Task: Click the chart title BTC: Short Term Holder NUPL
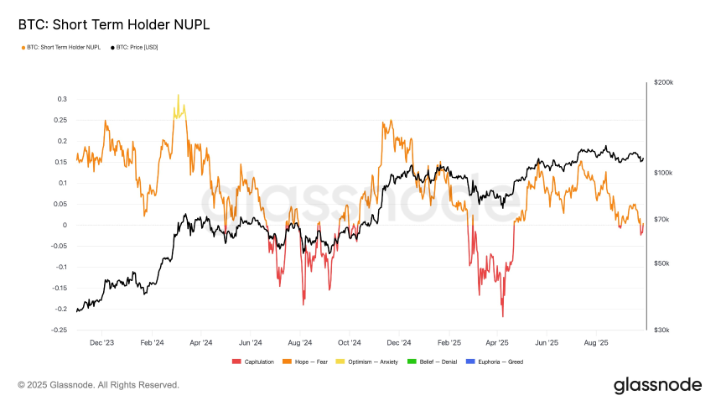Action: click(x=114, y=25)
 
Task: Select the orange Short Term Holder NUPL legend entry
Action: click(x=61, y=47)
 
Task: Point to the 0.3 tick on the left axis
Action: click(x=61, y=99)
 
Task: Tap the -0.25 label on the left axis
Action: click(x=58, y=330)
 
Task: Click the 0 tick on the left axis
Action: click(x=64, y=225)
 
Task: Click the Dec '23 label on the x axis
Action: click(x=101, y=342)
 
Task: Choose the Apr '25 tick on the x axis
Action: click(x=497, y=342)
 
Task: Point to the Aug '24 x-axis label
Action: click(x=299, y=342)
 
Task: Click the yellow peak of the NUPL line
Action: click(x=178, y=96)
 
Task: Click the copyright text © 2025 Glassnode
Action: click(x=99, y=385)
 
